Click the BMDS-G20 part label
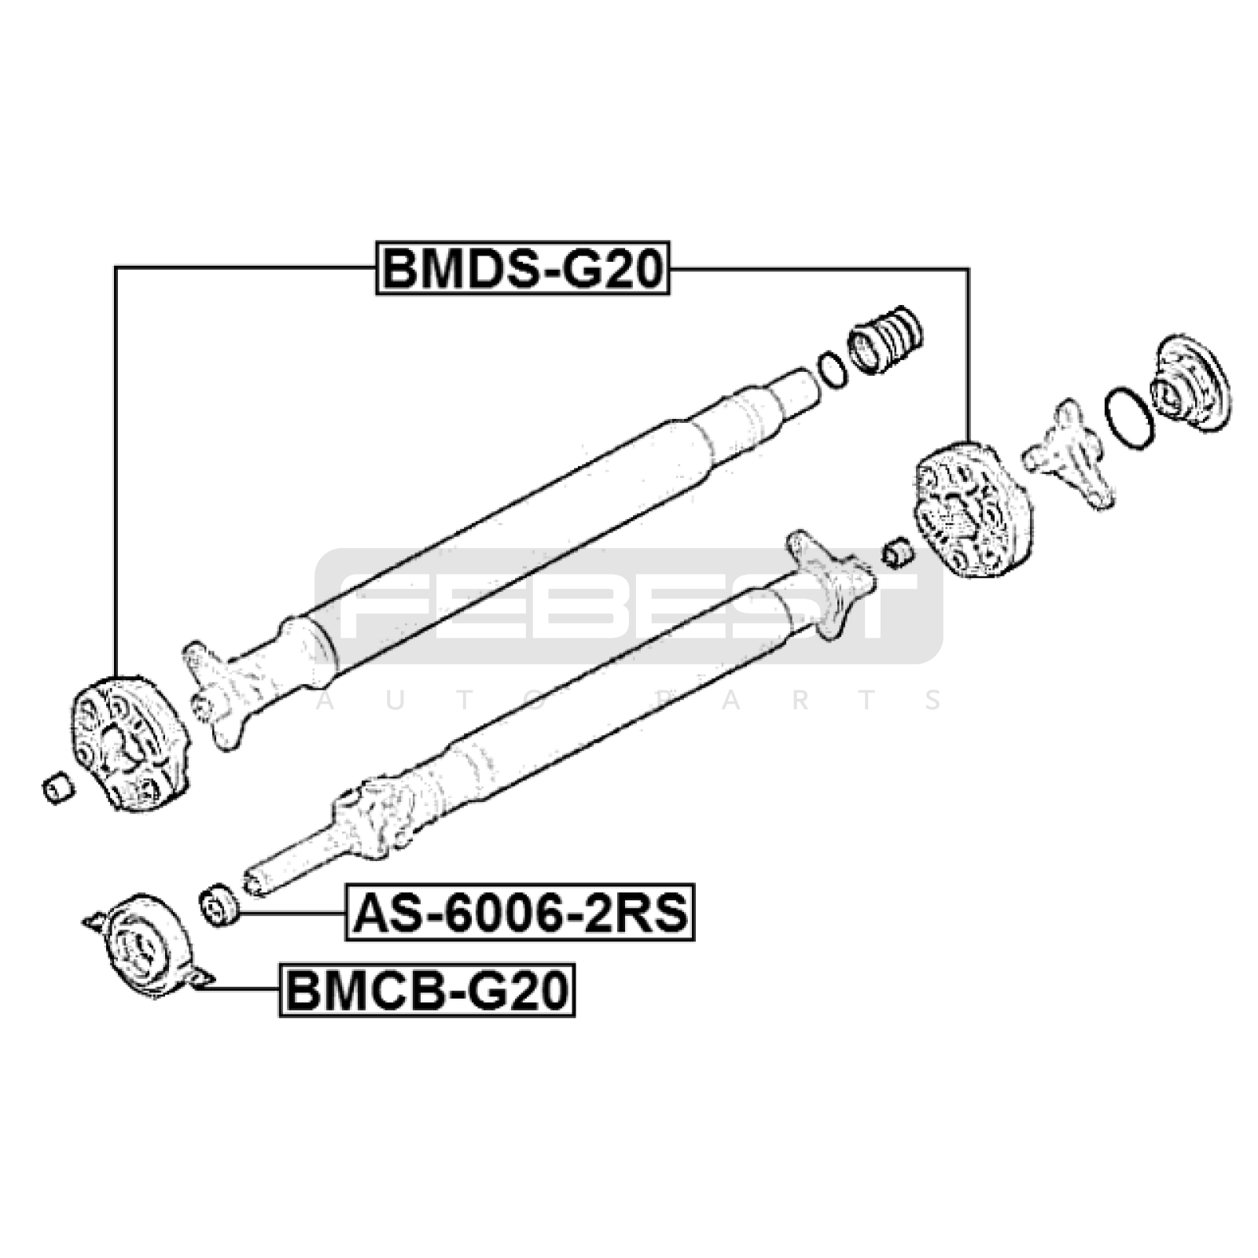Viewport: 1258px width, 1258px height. [x=523, y=268]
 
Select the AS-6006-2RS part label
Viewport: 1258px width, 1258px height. [x=520, y=912]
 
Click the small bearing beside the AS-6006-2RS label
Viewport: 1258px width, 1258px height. [x=220, y=906]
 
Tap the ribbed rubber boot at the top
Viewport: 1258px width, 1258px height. [x=885, y=339]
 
